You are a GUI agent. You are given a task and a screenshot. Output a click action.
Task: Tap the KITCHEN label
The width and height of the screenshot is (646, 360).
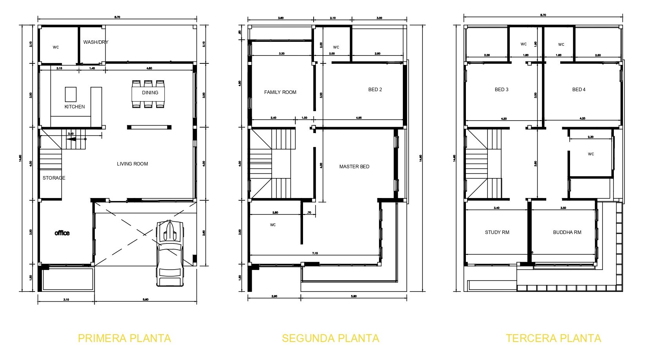tap(74, 106)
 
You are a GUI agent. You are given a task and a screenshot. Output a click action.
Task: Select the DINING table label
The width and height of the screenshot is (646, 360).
tap(150, 93)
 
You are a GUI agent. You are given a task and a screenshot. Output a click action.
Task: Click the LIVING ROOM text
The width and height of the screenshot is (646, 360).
tap(132, 164)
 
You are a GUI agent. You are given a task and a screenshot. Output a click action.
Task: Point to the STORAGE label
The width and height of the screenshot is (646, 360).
tap(54, 178)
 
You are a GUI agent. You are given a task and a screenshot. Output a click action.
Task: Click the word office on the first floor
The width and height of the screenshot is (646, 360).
tap(62, 233)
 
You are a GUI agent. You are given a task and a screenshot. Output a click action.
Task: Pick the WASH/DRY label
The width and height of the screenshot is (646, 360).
tap(96, 42)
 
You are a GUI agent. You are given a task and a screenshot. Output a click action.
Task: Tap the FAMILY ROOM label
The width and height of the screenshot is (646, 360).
tap(280, 92)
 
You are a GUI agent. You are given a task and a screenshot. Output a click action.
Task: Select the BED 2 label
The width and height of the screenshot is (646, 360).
tap(375, 90)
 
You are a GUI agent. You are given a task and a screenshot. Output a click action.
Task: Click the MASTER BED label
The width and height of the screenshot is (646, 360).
tap(354, 167)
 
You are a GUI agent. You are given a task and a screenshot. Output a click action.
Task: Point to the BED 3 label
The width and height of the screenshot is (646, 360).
tap(501, 90)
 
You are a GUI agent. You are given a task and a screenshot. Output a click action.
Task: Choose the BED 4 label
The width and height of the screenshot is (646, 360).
tap(579, 90)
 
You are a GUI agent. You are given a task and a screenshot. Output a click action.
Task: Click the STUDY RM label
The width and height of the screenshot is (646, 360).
tap(497, 232)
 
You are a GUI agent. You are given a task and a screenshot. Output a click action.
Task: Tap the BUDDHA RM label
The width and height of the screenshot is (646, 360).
tap(567, 232)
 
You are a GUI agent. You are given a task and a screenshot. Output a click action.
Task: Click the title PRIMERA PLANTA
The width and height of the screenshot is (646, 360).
tap(125, 338)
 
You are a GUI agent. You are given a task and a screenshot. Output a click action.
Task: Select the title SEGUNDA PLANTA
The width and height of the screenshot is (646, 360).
tap(330, 338)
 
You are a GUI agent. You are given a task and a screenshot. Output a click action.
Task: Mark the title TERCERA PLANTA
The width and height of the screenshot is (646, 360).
tap(553, 338)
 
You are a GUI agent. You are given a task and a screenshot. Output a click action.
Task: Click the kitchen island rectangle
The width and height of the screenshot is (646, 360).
tap(70, 94)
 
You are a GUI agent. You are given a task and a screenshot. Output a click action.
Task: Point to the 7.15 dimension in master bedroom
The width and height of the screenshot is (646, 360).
tap(315, 253)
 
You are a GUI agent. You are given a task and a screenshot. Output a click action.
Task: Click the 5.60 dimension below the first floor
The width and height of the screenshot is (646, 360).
tap(145, 299)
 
